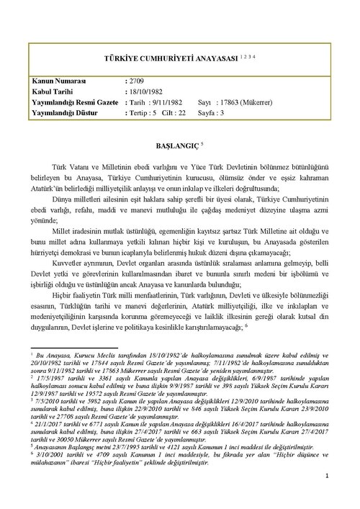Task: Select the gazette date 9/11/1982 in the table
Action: pyautogui.click(x=168, y=102)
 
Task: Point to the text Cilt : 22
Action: pyautogui.click(x=176, y=113)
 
